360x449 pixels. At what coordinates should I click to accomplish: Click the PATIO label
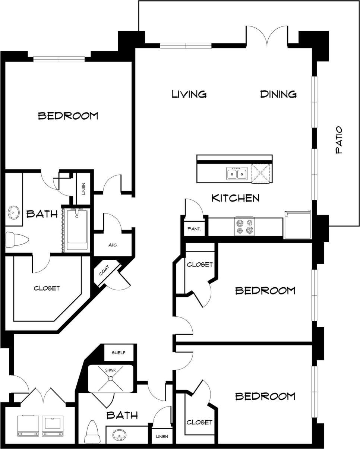(x=339, y=140)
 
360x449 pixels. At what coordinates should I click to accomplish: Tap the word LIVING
(x=189, y=94)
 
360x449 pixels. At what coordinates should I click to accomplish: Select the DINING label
(x=278, y=94)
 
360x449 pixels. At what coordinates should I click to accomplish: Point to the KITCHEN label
(x=236, y=198)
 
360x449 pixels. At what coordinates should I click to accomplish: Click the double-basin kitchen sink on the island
(x=237, y=174)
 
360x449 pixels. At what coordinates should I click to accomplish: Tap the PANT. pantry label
(x=194, y=229)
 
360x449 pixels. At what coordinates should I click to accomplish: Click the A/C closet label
(x=113, y=245)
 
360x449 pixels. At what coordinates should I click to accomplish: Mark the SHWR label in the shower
(x=111, y=370)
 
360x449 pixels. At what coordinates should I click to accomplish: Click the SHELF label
(x=119, y=353)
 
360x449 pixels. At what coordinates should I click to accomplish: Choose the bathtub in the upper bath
(x=77, y=230)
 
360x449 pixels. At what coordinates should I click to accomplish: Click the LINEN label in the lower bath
(x=162, y=436)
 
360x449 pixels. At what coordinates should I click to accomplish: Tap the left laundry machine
(x=28, y=425)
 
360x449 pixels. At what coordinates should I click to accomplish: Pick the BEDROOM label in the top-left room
(x=68, y=116)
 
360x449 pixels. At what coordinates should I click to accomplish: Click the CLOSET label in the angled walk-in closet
(x=47, y=288)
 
